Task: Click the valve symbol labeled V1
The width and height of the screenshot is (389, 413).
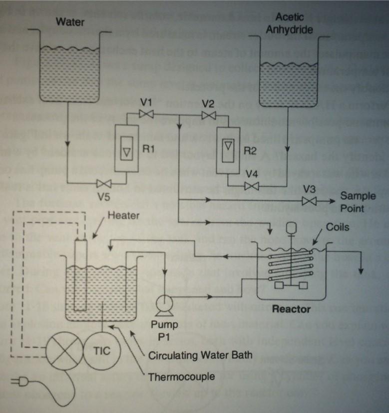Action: coord(146,115)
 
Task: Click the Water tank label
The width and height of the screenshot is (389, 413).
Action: coord(70,21)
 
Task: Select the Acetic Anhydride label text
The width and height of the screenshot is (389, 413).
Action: coord(289,23)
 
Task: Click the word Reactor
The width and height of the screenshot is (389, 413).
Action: coord(291,309)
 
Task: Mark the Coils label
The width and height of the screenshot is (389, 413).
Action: coord(338,226)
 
